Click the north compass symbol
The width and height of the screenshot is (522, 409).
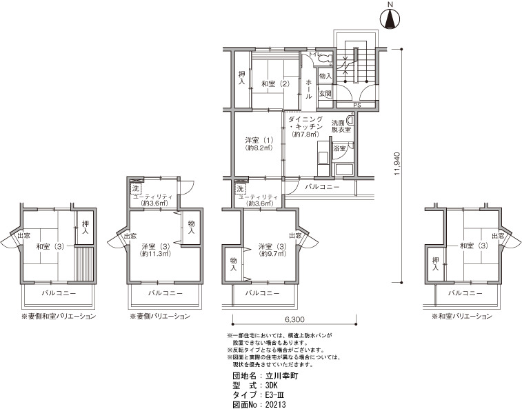click(391, 18)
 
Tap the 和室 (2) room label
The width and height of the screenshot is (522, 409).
click(275, 83)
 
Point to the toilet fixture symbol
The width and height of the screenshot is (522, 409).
click(325, 59)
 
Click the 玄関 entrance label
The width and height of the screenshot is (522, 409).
click(325, 94)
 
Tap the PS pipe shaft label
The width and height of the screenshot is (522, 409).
click(357, 105)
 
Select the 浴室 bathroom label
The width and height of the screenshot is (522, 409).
click(339, 148)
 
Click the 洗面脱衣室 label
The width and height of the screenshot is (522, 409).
click(341, 126)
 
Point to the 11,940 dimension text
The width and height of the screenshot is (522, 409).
click(396, 164)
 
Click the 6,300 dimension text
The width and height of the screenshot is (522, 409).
click(294, 320)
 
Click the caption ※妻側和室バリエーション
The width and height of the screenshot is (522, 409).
click(59, 316)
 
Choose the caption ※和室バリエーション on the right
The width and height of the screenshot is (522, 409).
click(462, 316)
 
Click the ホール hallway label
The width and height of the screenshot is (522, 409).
click(309, 88)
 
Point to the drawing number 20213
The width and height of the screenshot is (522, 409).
click(275, 405)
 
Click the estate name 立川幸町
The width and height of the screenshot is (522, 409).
click(281, 376)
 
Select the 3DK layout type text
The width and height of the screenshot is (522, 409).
click(271, 386)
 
